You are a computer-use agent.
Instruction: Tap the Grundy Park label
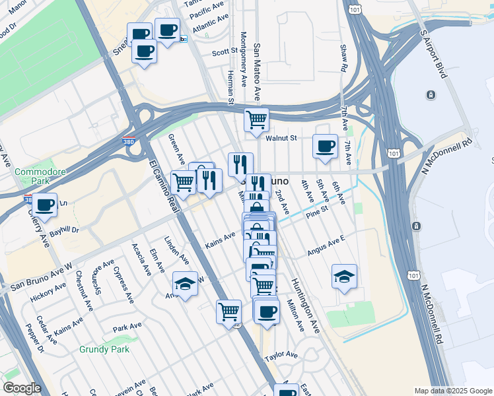(x=104, y=349)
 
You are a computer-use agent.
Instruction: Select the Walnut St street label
(x=283, y=139)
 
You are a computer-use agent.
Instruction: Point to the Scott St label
(x=225, y=51)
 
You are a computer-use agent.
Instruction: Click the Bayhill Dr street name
(x=65, y=231)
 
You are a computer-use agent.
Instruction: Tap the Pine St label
(x=317, y=214)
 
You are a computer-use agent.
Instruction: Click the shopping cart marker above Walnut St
(x=256, y=120)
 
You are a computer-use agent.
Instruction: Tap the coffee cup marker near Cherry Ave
(x=45, y=205)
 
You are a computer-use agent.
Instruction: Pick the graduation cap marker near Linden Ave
(x=186, y=284)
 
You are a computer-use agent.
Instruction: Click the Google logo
(x=21, y=388)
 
